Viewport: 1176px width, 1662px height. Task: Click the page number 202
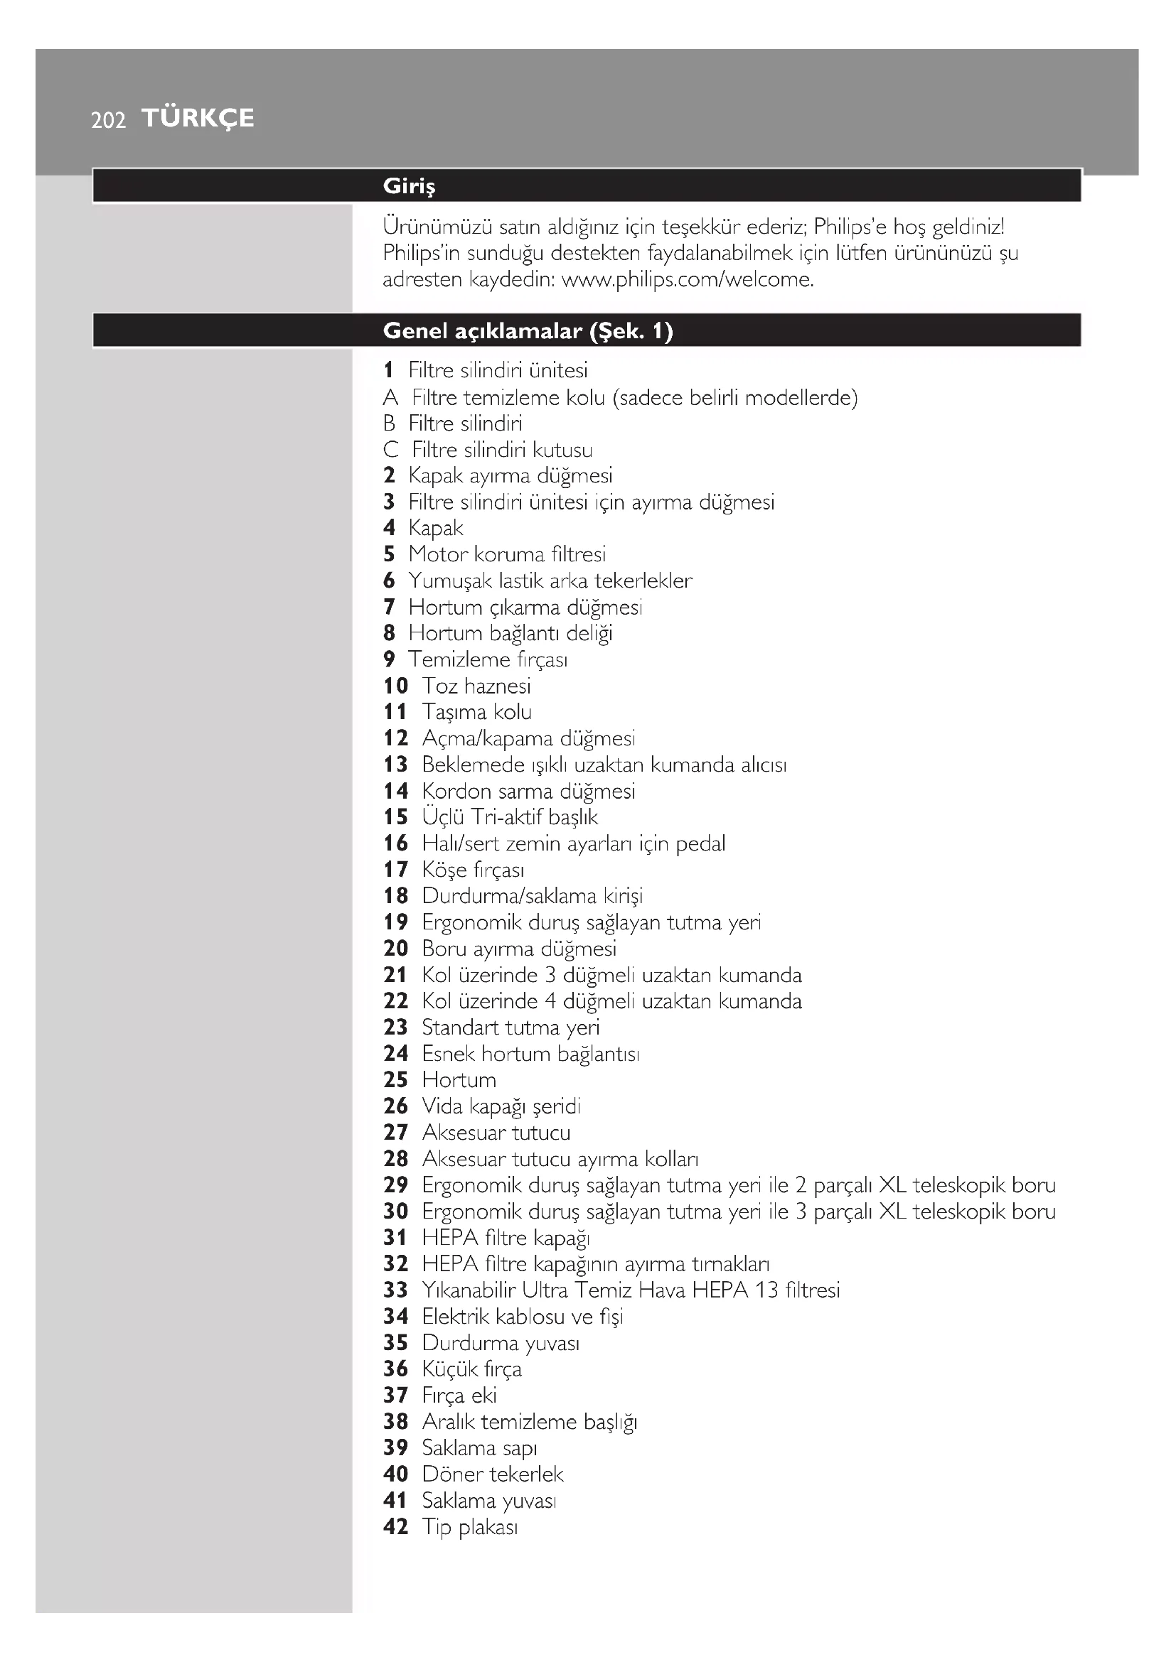point(109,120)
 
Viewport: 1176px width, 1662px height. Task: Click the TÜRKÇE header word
point(198,118)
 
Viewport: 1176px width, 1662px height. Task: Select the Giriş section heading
point(409,187)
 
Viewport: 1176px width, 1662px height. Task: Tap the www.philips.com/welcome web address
point(688,279)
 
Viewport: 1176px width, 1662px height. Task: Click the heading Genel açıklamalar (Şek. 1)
point(528,332)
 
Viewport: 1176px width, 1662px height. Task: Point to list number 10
point(395,686)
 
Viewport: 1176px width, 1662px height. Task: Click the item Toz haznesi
point(476,686)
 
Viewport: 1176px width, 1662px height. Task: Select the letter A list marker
point(390,397)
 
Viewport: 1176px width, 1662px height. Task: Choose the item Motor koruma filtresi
point(507,554)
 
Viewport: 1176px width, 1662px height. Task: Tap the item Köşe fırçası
point(473,869)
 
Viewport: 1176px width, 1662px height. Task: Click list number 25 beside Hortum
point(395,1079)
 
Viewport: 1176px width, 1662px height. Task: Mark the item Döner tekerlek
point(493,1474)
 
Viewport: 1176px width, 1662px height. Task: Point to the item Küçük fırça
point(471,1369)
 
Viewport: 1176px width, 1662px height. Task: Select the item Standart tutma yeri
point(511,1027)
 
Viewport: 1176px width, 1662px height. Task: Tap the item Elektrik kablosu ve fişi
point(522,1316)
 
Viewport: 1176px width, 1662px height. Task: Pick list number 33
point(395,1290)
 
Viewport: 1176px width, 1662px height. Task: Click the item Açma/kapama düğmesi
point(528,738)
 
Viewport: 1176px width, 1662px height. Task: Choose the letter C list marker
point(391,450)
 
